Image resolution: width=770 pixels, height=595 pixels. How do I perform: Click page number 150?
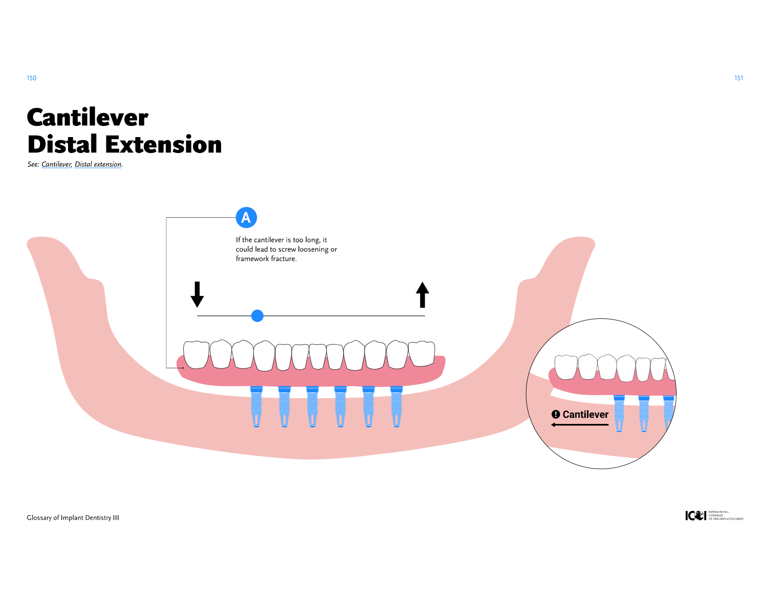32,78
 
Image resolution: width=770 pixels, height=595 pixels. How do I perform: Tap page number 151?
738,78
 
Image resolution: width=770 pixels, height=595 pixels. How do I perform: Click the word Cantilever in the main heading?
87,118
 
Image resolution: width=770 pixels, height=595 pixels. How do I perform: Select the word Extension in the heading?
163,145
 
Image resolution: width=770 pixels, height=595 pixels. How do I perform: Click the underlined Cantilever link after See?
56,164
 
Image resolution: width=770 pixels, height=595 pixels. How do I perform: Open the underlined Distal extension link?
98,164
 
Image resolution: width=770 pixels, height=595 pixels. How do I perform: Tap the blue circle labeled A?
246,217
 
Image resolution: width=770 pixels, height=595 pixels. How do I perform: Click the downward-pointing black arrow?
197,295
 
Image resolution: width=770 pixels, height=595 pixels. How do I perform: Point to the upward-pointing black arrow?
422,295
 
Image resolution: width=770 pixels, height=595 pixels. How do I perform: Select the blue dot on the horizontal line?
257,316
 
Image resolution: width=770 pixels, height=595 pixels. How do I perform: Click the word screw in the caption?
287,249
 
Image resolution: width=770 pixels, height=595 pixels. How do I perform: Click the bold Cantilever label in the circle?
585,415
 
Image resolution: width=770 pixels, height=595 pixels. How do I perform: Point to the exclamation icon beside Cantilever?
556,415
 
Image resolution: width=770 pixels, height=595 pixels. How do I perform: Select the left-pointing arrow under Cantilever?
579,425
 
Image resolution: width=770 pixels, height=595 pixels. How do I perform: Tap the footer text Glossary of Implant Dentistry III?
73,518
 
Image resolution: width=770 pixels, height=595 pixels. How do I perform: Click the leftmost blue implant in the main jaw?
256,406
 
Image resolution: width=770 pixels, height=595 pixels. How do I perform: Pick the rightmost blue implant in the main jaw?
397,406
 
